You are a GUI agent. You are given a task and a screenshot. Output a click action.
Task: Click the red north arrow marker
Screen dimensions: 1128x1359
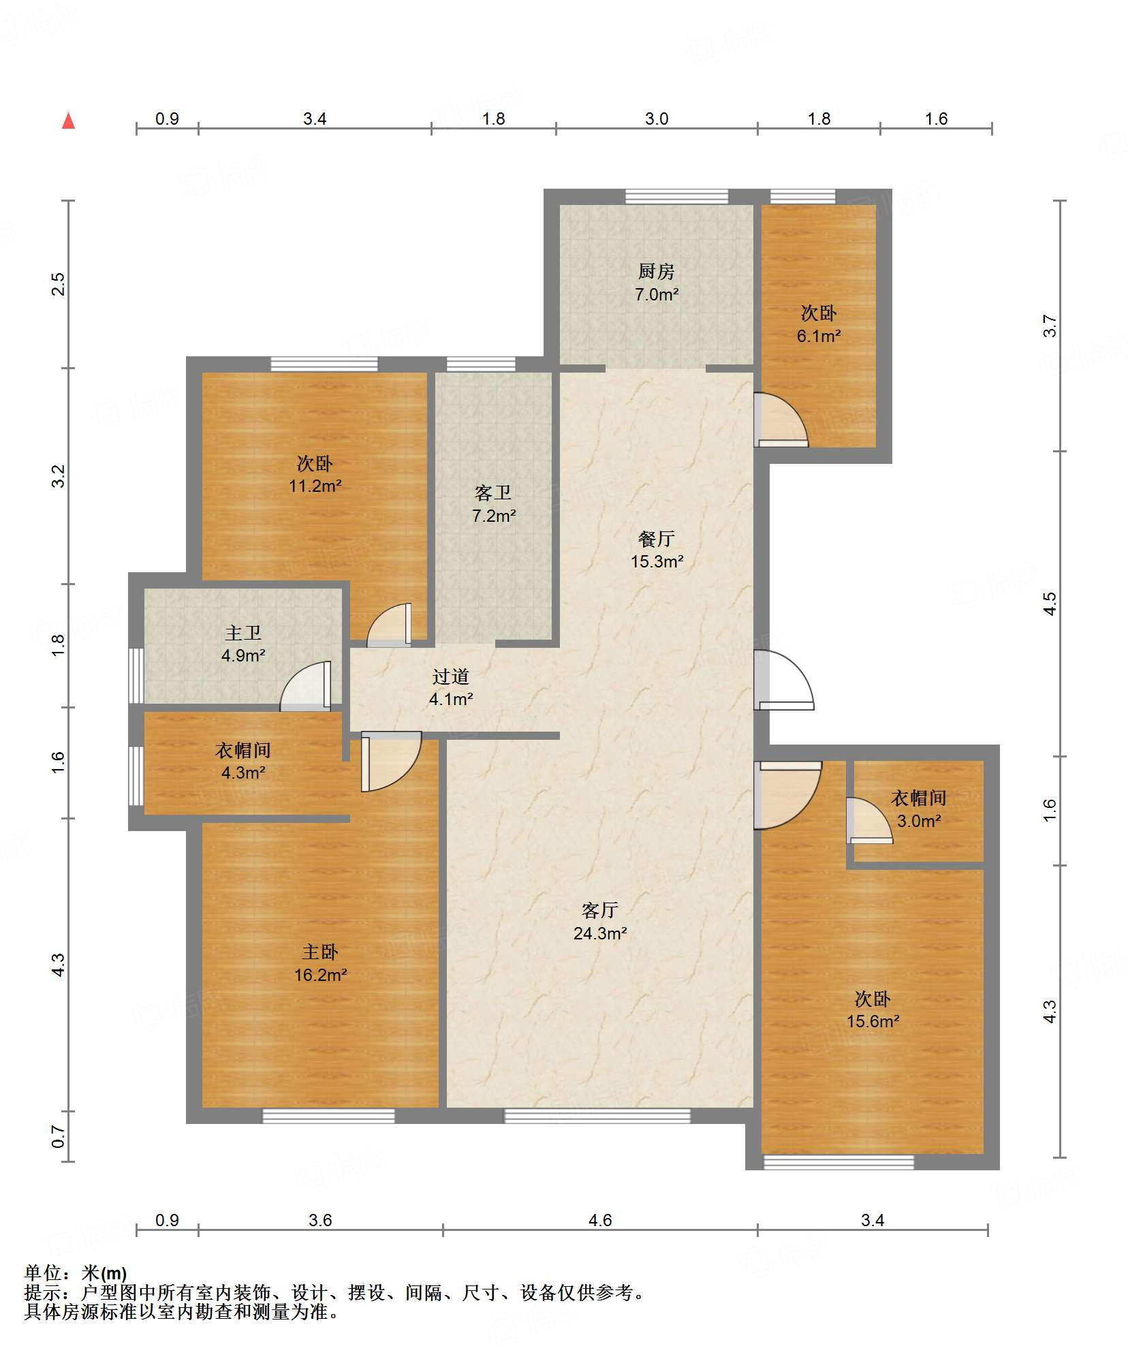[x=68, y=121]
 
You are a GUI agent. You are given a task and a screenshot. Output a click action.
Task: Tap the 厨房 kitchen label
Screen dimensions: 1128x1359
[x=656, y=271]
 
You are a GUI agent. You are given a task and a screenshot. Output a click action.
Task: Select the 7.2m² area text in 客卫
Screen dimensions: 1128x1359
[x=494, y=516]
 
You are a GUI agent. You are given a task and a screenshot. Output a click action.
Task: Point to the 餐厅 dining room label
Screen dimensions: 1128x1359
[x=656, y=539]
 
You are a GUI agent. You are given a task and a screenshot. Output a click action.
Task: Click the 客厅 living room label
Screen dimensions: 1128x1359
[x=599, y=910]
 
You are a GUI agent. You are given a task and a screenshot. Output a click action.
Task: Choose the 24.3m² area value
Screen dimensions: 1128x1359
[x=600, y=933]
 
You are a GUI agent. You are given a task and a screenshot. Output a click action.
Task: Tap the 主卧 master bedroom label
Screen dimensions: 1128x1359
[x=320, y=952]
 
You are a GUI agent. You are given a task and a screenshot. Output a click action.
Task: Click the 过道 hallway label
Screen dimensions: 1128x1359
[x=450, y=676]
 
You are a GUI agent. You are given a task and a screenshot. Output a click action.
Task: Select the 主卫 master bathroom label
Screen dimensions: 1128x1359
[x=243, y=633]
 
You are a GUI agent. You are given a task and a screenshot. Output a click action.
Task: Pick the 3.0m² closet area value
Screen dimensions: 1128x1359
[x=919, y=821]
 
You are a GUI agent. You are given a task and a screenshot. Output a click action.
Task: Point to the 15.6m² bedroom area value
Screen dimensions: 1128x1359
[x=873, y=1021]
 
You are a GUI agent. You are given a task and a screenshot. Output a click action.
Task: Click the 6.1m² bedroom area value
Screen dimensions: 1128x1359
[x=819, y=336]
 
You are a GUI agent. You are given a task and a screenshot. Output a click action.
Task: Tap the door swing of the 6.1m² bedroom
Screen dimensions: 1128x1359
[x=782, y=420]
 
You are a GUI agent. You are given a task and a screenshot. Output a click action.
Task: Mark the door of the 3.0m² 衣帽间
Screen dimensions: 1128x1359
[x=869, y=820]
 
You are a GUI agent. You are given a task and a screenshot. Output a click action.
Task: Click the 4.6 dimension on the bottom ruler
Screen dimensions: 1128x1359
[x=600, y=1219]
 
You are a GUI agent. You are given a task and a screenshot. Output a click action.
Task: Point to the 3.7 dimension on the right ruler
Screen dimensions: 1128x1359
[x=1050, y=326]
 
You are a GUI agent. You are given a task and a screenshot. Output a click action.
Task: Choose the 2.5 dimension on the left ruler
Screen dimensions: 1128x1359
[x=58, y=284]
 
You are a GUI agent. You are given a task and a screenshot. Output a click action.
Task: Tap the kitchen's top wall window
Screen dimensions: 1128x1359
[x=677, y=196]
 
